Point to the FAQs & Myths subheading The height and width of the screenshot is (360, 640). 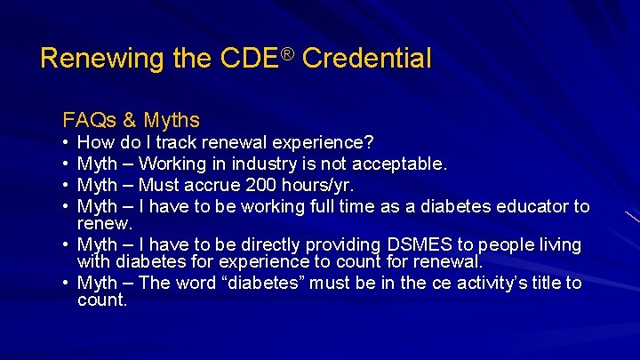(131, 119)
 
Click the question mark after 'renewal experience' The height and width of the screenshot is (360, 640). (369, 142)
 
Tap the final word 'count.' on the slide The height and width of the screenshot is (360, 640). (102, 300)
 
